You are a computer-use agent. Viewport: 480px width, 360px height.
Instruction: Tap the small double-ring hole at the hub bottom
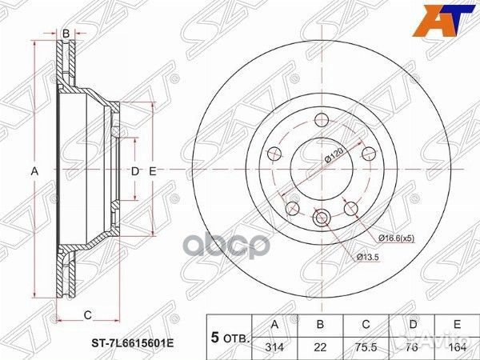pyautogui.click(x=322, y=217)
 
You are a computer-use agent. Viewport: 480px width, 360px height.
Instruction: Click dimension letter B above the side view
pyautogui.click(x=66, y=33)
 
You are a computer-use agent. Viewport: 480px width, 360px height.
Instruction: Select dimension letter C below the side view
pyautogui.click(x=87, y=313)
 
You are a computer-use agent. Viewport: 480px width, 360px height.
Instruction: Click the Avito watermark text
pyautogui.click(x=443, y=345)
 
